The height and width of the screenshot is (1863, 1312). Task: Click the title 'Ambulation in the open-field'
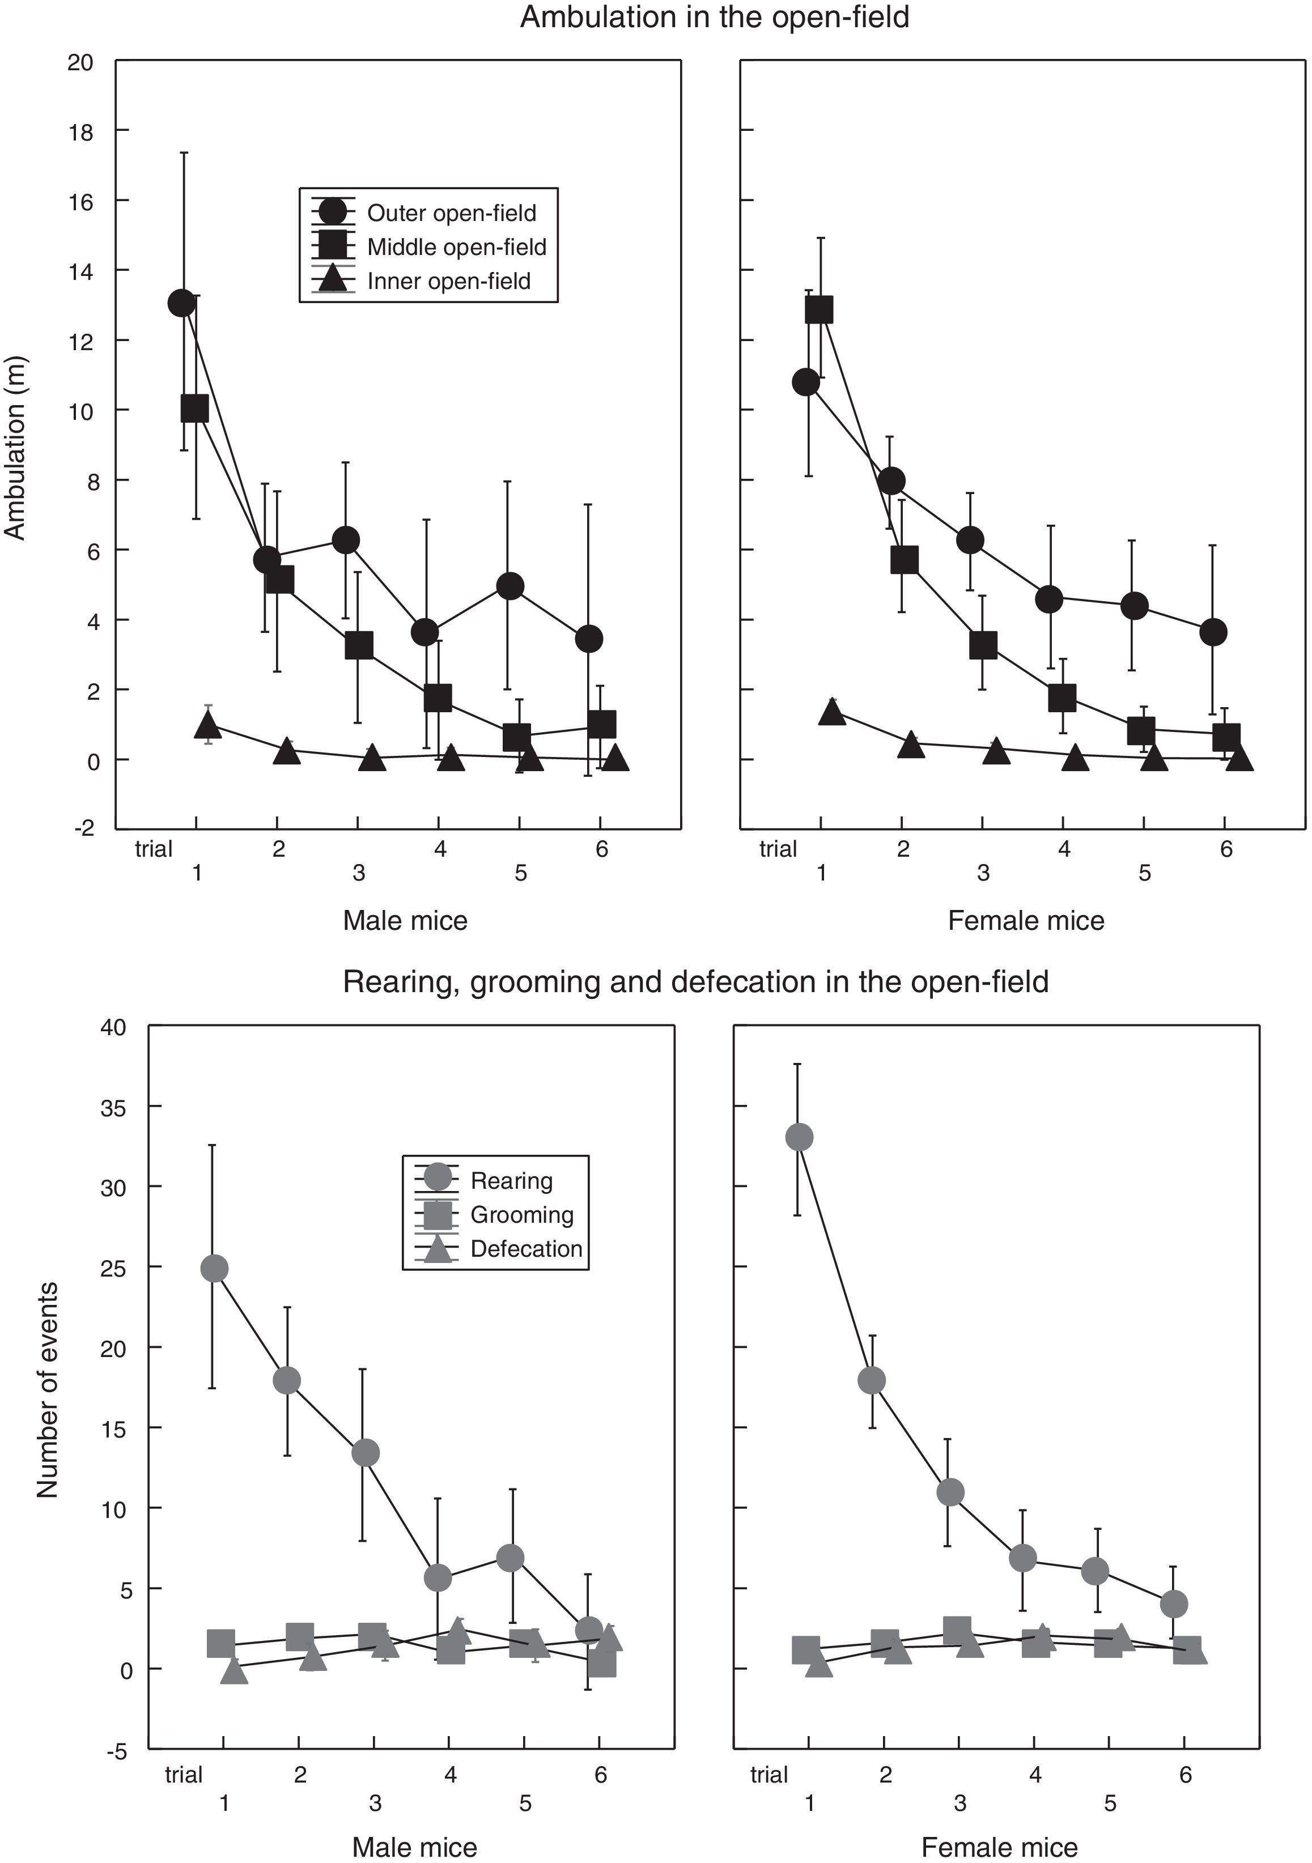click(714, 17)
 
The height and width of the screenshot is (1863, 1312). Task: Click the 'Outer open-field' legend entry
click(451, 214)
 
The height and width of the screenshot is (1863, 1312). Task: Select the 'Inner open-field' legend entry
click(449, 282)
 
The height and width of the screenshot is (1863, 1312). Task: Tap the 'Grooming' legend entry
click(522, 1215)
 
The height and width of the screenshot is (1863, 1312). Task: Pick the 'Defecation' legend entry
click(526, 1249)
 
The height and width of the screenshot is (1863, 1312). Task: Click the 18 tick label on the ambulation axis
click(79, 131)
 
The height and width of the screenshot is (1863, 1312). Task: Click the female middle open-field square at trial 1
click(820, 309)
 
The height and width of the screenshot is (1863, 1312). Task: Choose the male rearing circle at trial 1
click(214, 1268)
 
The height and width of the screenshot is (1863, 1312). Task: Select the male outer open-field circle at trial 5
click(509, 586)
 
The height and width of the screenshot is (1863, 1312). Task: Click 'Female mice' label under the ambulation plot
click(1026, 921)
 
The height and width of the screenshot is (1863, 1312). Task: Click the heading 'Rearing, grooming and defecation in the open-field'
click(695, 982)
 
